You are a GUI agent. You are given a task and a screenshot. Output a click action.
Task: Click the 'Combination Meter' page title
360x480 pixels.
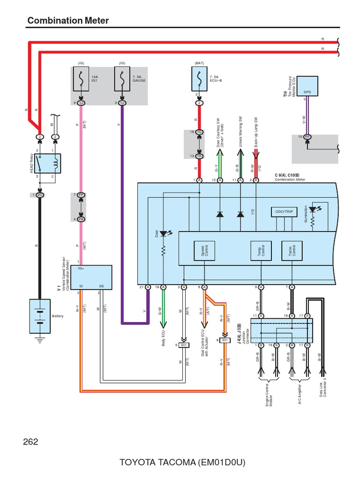point(68,21)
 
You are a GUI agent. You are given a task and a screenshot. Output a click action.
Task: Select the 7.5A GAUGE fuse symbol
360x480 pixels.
point(122,78)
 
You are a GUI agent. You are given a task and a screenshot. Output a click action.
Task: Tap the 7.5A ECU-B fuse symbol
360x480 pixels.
point(200,79)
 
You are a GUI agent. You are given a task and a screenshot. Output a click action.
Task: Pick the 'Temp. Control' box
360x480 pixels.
point(261,251)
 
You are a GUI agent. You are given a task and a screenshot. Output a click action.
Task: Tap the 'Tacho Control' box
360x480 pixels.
point(292,251)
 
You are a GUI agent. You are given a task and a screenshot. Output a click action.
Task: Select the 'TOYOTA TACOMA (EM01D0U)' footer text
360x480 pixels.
point(182,463)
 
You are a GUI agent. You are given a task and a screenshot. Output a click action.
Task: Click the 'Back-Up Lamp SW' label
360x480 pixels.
point(256,133)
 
